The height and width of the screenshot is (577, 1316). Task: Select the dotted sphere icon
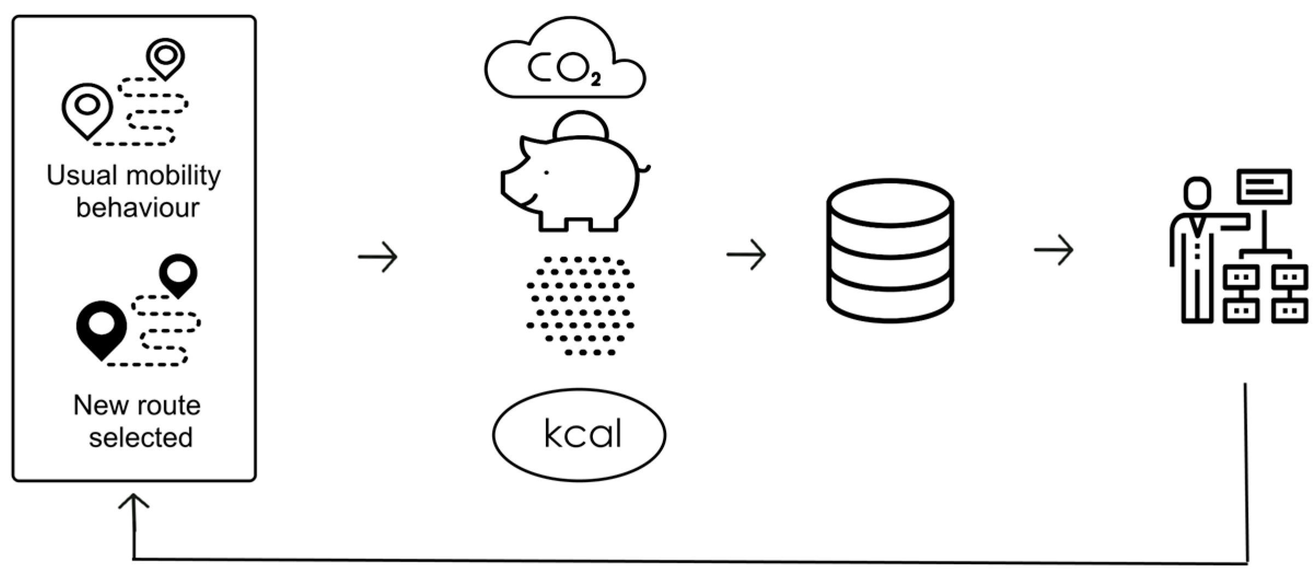(580, 305)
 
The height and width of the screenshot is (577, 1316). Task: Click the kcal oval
(579, 435)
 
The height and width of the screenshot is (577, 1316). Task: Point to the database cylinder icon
(890, 250)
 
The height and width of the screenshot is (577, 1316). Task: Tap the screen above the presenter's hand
(1265, 186)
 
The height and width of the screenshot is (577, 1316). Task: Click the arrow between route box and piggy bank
(378, 257)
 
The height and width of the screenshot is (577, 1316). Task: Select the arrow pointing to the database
(746, 254)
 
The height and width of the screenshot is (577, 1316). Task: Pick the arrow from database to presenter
(1053, 250)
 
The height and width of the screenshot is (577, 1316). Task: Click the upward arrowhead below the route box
(133, 502)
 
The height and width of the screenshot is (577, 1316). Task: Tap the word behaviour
(137, 208)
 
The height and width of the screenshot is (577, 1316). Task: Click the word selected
(141, 438)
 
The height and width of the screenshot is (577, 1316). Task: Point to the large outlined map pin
(87, 108)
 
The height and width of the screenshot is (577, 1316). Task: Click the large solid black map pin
(102, 327)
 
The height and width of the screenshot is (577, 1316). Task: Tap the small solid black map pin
(178, 273)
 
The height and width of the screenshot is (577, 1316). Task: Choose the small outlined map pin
(165, 57)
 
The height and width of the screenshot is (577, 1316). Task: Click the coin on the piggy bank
(581, 126)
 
